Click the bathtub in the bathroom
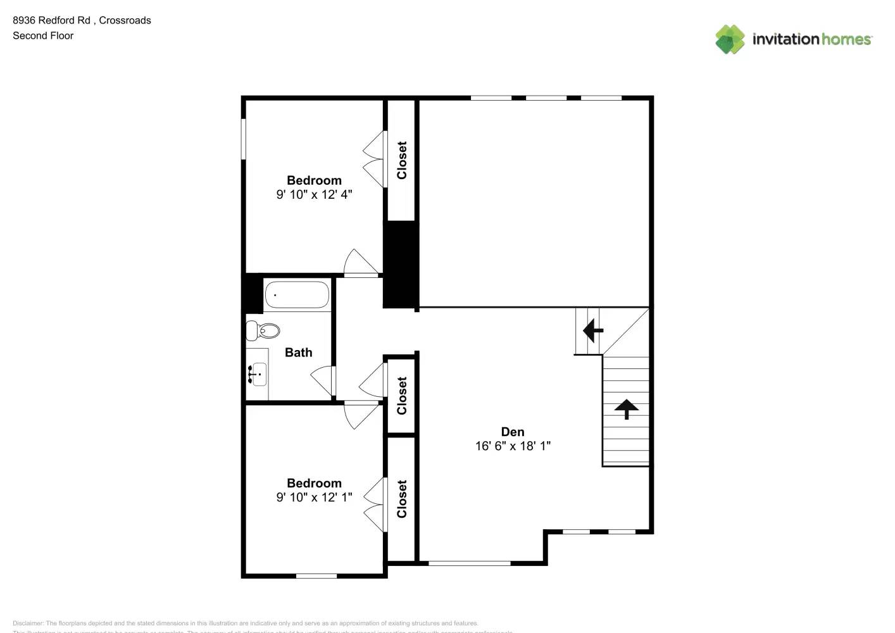coord(297,295)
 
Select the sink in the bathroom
coord(258,374)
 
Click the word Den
coord(512,432)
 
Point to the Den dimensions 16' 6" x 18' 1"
coord(513,446)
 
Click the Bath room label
coord(298,353)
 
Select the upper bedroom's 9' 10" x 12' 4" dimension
coord(314,194)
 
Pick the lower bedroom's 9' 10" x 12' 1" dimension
coord(314,497)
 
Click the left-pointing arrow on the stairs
coord(592,330)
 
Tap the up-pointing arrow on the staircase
coord(626,409)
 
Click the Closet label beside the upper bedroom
coord(401,160)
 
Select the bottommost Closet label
coord(401,498)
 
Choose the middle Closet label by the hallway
coord(401,396)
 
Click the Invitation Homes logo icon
coord(730,39)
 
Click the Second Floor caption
coord(43,35)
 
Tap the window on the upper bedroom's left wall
coord(243,139)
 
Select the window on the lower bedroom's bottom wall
coord(316,575)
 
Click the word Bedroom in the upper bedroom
coord(314,180)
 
